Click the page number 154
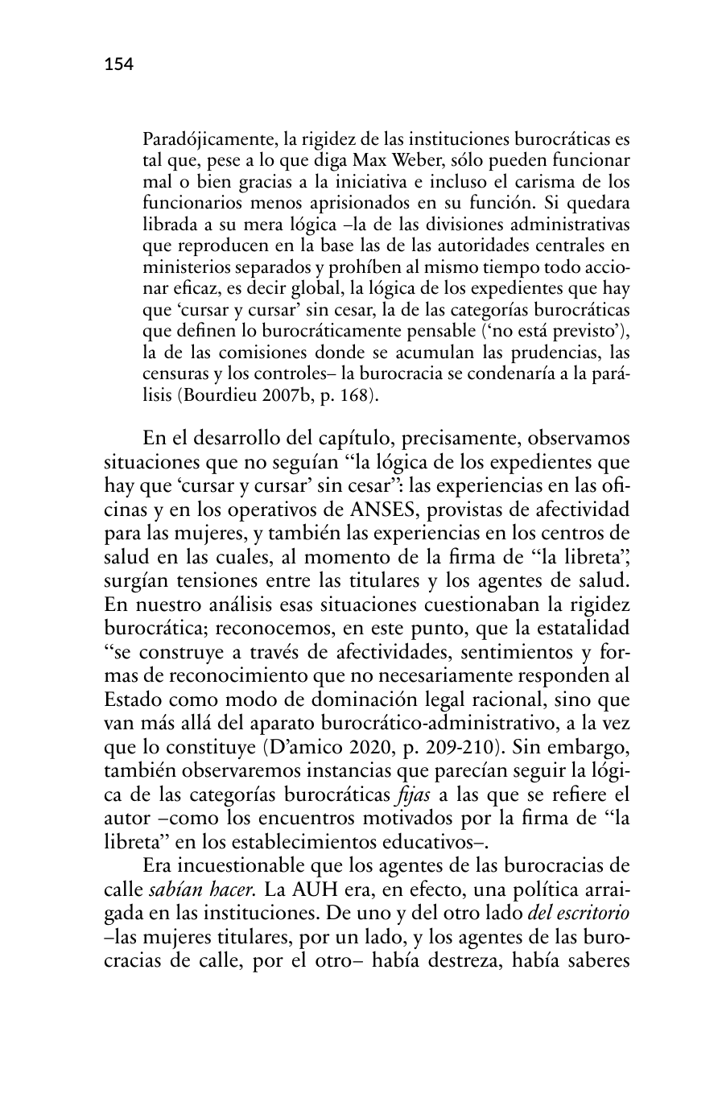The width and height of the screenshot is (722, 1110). click(118, 64)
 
